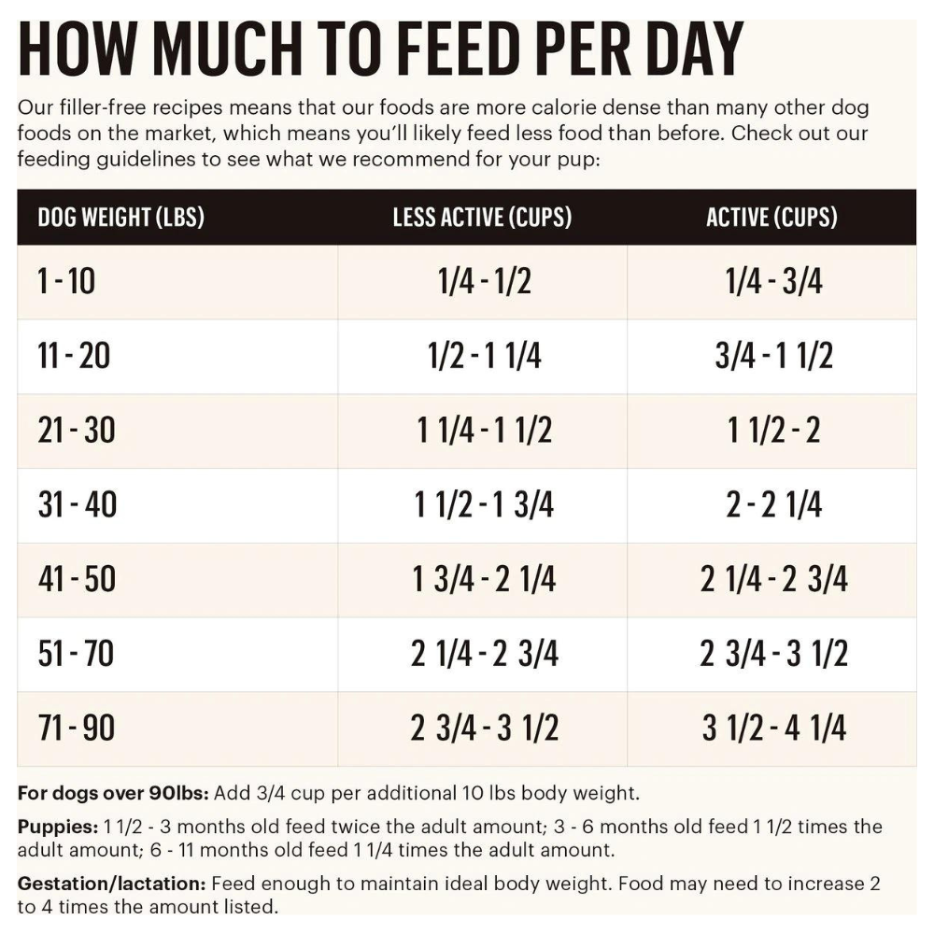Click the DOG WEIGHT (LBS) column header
(x=120, y=218)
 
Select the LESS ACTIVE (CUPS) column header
(x=482, y=218)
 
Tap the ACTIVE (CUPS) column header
(x=771, y=218)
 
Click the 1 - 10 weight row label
(x=66, y=281)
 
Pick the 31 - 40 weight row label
(x=78, y=505)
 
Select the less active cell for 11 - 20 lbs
(x=484, y=356)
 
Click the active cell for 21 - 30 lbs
(x=774, y=431)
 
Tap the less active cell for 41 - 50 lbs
(x=484, y=580)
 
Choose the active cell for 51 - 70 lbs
(x=774, y=654)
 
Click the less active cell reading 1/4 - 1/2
(x=484, y=281)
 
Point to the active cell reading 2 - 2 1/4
(x=774, y=505)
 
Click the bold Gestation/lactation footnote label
(x=112, y=884)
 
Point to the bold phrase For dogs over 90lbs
(x=114, y=795)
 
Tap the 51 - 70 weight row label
(x=78, y=654)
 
